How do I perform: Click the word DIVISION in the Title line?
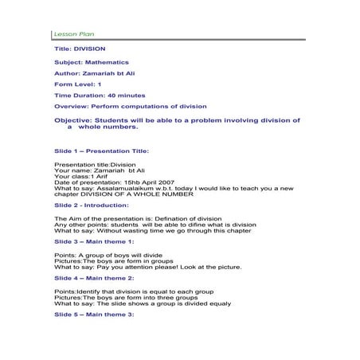coord(89,49)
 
